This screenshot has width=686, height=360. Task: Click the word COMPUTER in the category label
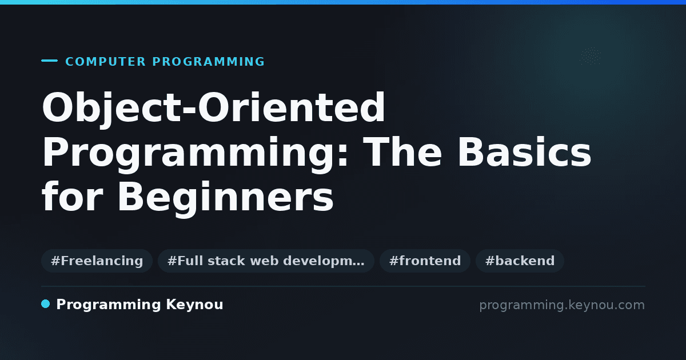pos(105,62)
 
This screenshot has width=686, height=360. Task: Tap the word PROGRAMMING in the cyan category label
pos(209,62)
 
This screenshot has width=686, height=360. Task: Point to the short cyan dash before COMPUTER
pos(49,61)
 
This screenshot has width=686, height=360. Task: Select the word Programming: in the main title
pos(195,153)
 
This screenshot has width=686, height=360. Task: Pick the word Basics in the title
pos(524,152)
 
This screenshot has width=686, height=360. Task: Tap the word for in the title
pos(73,196)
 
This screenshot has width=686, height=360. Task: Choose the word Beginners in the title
pos(225,198)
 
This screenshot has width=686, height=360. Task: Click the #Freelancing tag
pos(97,261)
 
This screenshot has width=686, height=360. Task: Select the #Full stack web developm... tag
pos(266,261)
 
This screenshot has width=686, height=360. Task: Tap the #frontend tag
pos(425,261)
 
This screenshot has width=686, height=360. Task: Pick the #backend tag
pos(520,261)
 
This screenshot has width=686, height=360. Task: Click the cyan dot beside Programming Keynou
pos(46,304)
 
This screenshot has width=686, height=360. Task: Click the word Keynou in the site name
pos(194,305)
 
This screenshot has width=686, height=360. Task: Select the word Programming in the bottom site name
pos(109,305)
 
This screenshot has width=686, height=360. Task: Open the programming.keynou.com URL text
pos(562,305)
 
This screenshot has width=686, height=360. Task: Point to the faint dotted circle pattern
pos(591,56)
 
